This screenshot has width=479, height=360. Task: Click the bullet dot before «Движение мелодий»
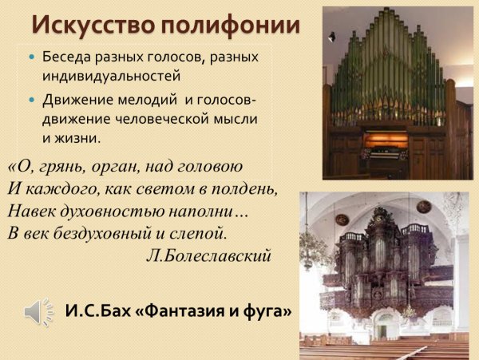pyautogui.click(x=31, y=101)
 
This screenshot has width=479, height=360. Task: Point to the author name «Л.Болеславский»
pyautogui.click(x=209, y=256)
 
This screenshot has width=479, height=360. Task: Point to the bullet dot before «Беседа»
pyautogui.click(x=31, y=59)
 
